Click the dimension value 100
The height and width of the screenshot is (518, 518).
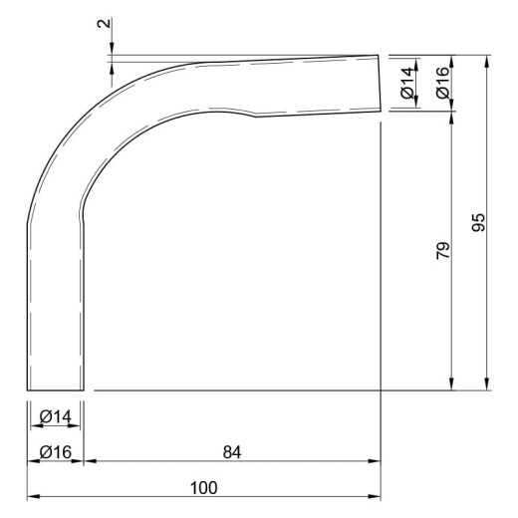[x=203, y=487]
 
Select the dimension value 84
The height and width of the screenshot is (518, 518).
[x=232, y=452]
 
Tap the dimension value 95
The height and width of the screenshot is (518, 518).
[x=478, y=222]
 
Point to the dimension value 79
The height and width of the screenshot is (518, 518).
[x=443, y=251]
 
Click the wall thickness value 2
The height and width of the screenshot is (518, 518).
[x=104, y=23]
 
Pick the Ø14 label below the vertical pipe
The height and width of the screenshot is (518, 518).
[x=55, y=416]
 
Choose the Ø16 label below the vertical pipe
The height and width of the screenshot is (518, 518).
[x=55, y=452]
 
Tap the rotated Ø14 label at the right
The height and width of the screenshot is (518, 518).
[x=407, y=83]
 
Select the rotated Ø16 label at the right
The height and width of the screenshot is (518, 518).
[x=443, y=83]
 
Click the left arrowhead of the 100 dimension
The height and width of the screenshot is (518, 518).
[x=33, y=496]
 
